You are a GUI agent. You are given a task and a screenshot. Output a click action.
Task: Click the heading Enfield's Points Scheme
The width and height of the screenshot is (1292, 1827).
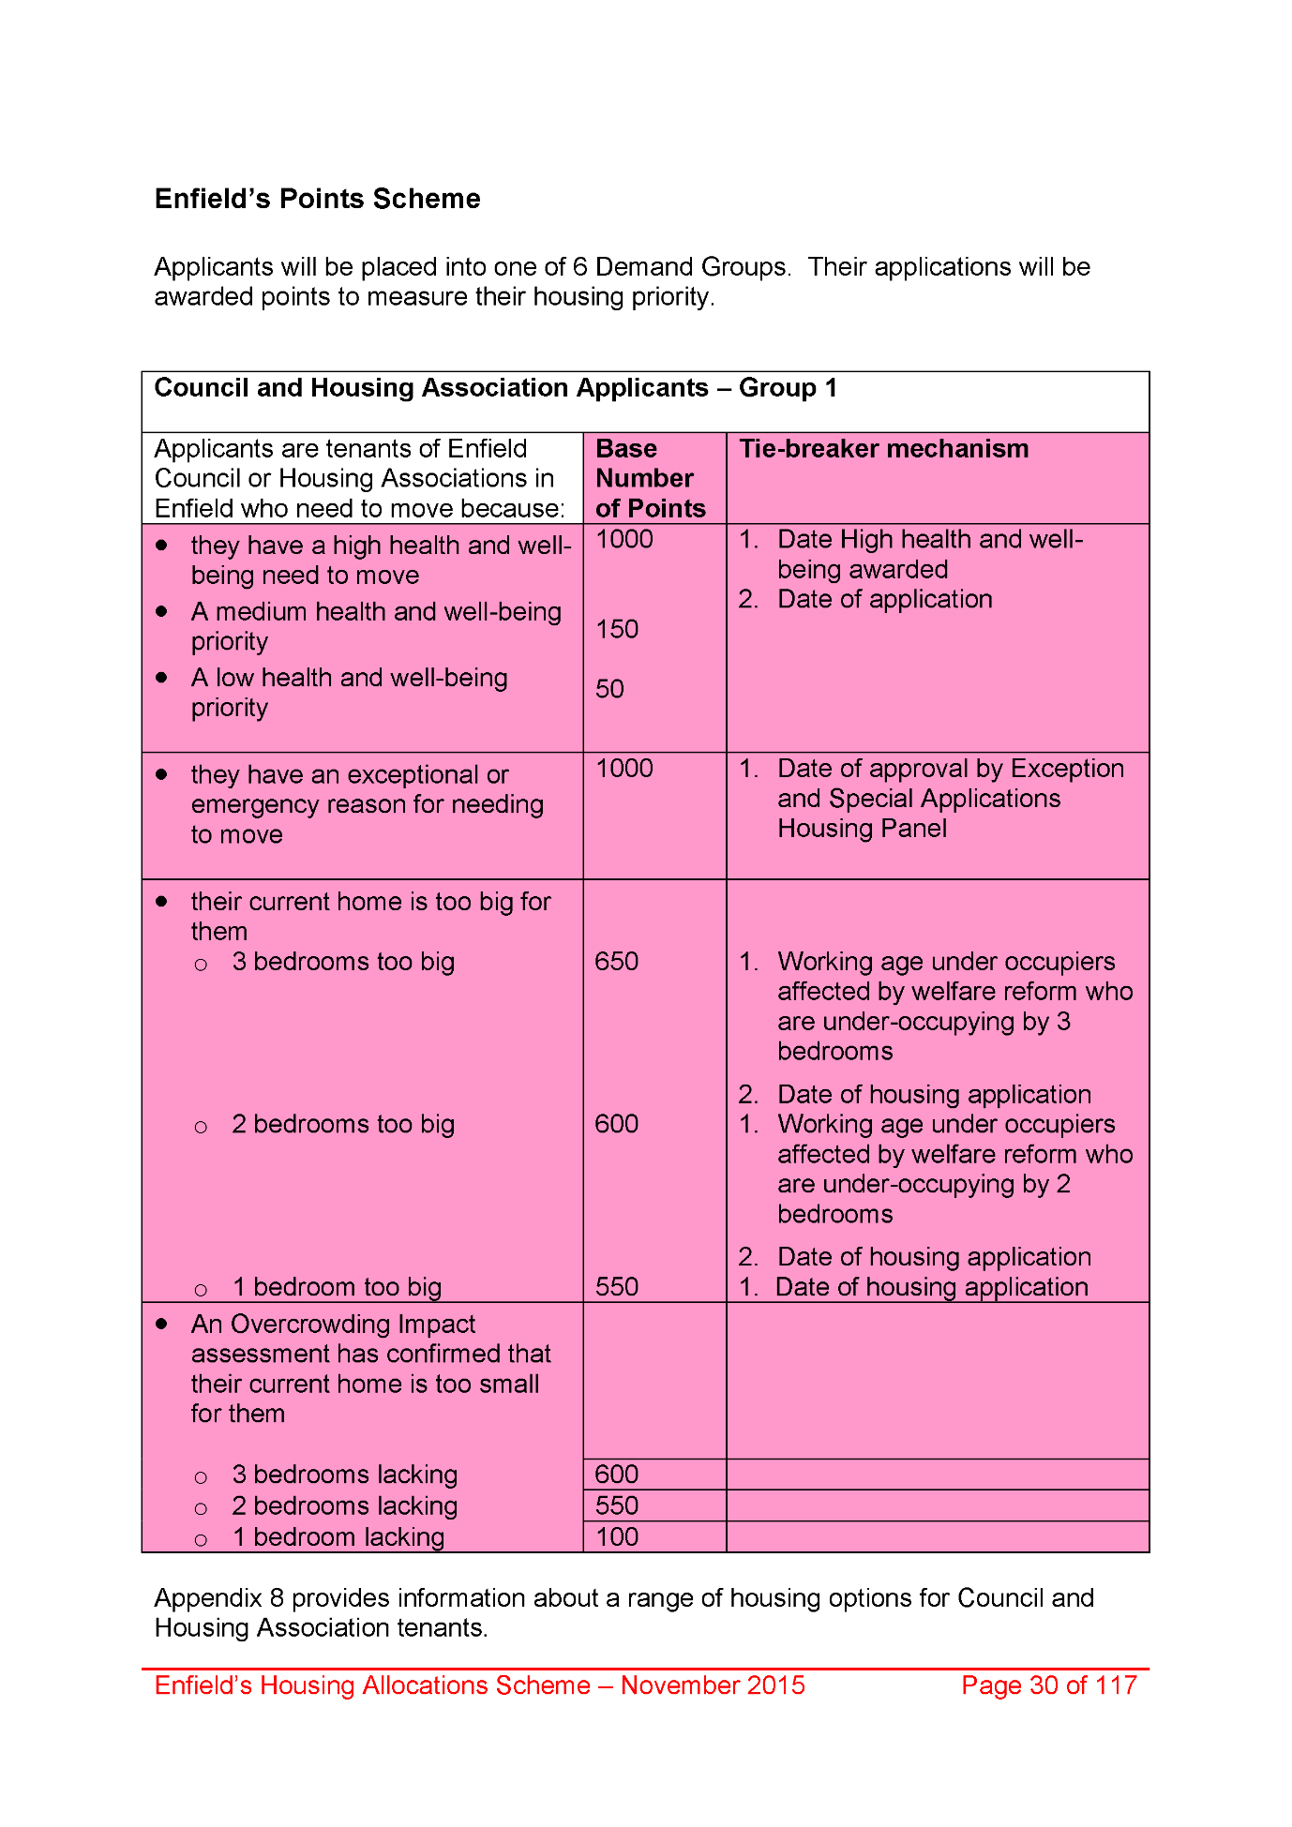(317, 199)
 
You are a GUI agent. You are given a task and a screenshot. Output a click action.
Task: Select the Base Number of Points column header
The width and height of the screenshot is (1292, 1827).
(650, 478)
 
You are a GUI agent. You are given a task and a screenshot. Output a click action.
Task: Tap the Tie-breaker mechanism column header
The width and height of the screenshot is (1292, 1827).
(883, 449)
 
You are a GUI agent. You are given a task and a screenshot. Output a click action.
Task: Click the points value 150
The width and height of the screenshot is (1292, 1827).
(617, 629)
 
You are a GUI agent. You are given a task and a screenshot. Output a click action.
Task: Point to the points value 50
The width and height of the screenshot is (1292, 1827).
(609, 689)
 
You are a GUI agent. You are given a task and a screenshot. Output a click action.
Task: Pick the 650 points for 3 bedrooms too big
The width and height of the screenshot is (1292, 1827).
(616, 962)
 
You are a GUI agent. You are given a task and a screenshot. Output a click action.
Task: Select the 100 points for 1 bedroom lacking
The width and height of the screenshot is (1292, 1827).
(616, 1537)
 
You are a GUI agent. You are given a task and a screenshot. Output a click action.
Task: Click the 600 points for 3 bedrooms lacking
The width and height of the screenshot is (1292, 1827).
(616, 1475)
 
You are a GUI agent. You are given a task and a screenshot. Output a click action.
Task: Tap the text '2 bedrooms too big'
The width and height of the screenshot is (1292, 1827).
(343, 1124)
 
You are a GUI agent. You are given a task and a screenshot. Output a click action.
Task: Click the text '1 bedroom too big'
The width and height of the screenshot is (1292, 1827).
(337, 1287)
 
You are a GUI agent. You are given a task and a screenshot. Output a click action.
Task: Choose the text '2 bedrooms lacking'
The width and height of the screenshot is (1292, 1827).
(345, 1506)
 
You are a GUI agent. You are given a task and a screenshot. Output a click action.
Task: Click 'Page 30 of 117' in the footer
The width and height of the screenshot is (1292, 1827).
(1048, 1685)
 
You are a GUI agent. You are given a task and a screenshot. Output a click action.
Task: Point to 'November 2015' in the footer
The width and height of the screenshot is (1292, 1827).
(713, 1685)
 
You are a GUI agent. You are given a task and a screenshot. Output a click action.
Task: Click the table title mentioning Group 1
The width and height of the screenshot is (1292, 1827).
(495, 388)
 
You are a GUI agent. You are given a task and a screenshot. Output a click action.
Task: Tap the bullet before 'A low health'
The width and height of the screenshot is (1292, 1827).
(162, 677)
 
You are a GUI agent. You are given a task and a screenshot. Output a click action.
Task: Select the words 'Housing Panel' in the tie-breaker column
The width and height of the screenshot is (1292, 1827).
(862, 829)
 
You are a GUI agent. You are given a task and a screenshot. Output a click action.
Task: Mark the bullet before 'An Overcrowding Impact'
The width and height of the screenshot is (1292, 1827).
(162, 1324)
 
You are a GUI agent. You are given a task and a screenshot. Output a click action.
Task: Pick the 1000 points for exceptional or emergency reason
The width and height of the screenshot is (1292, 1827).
(623, 769)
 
